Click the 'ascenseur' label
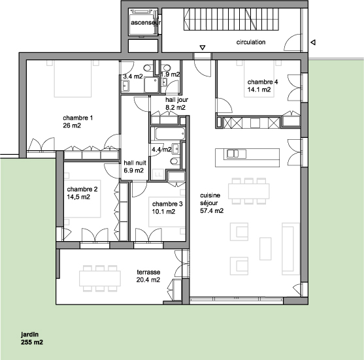point(146,23)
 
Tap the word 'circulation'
point(251,42)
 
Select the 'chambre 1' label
point(78,118)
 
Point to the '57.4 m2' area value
point(212,211)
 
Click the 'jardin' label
point(29,335)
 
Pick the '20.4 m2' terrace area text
point(148,280)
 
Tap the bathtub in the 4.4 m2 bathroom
point(170,134)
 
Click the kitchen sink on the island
point(233,154)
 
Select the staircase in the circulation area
point(231,20)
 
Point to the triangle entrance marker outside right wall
point(313,42)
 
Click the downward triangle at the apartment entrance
point(203,48)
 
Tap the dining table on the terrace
point(100,278)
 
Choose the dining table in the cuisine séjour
point(249,191)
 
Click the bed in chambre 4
point(259,78)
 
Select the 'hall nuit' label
point(135,163)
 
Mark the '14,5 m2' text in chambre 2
point(78,197)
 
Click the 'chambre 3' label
point(167,204)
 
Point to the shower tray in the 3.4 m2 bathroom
point(152,85)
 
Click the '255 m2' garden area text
point(32,342)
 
